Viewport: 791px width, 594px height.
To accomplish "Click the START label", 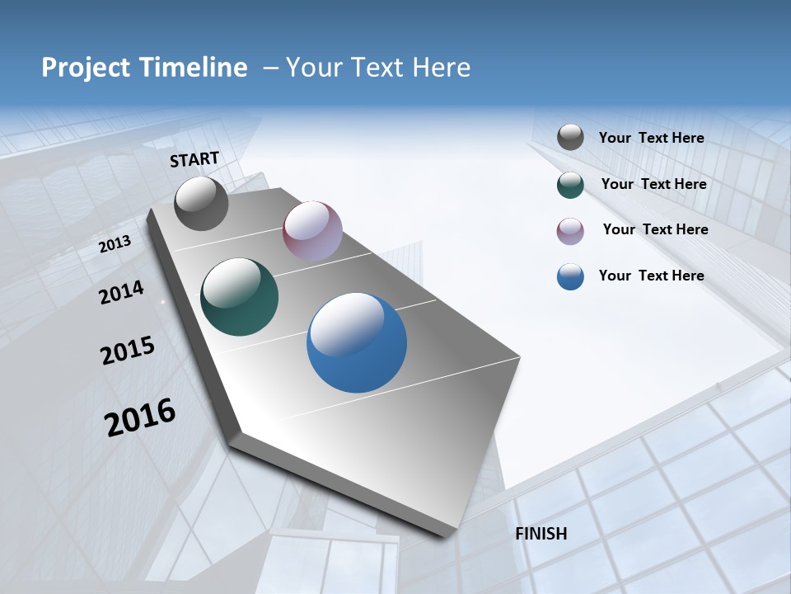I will tap(194, 159).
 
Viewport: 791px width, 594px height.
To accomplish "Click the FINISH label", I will tap(541, 534).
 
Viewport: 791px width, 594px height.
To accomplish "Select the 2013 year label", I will tap(115, 244).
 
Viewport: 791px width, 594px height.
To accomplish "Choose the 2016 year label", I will tap(140, 417).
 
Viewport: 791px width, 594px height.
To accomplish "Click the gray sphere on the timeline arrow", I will tap(201, 204).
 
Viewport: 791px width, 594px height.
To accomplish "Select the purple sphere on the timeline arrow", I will tap(312, 231).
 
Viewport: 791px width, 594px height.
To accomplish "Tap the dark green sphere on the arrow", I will tap(240, 297).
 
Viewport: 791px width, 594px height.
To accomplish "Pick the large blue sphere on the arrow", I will tap(357, 342).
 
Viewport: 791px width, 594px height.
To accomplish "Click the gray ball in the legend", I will tap(570, 138).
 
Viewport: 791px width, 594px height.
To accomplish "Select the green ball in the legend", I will tap(570, 185).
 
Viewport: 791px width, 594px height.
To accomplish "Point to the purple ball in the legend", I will tap(570, 231).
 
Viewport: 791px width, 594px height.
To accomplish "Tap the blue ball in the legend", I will tap(570, 276).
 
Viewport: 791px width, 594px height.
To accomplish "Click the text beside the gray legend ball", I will tap(651, 139).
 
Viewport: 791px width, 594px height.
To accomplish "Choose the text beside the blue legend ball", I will tap(651, 276).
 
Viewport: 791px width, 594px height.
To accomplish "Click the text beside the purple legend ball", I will tap(655, 229).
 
